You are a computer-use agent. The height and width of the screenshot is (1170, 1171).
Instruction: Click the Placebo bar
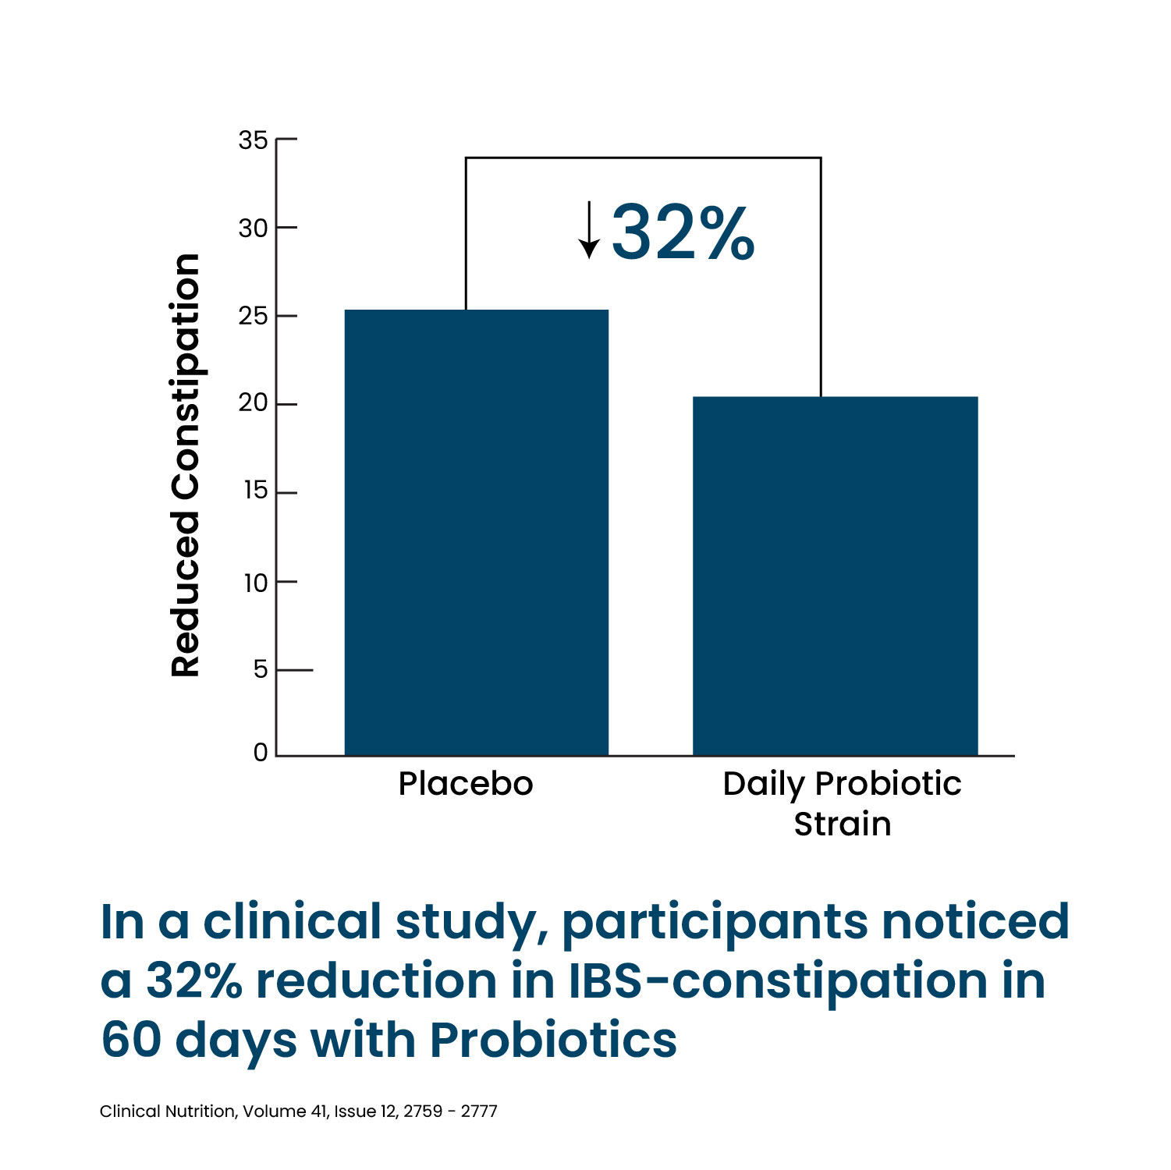click(x=476, y=533)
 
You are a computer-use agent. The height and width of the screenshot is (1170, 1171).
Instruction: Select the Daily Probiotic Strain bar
click(x=835, y=576)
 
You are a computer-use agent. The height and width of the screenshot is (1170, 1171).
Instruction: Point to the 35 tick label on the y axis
click(x=253, y=140)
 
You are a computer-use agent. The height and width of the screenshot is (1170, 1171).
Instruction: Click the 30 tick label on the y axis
click(x=253, y=229)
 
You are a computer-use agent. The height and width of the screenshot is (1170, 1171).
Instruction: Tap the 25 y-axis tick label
click(x=253, y=317)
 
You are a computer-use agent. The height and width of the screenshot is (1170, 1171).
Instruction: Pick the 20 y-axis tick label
click(x=253, y=403)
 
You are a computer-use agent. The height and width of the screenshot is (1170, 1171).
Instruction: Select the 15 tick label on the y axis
click(x=255, y=491)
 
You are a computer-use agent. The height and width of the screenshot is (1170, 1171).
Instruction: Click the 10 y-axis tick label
click(x=255, y=583)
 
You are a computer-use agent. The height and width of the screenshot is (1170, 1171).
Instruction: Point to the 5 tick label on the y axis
click(x=261, y=669)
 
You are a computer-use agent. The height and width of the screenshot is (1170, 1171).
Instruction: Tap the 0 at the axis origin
click(x=261, y=753)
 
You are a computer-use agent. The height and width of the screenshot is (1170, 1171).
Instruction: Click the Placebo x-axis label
click(x=466, y=784)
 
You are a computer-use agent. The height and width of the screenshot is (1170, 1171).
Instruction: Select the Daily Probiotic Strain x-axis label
click(x=842, y=803)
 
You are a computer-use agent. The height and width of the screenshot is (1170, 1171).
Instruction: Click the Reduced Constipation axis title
click(x=186, y=465)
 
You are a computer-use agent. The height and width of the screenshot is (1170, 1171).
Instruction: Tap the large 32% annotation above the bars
click(x=683, y=232)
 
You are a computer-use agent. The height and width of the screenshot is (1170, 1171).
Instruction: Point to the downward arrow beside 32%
click(x=589, y=229)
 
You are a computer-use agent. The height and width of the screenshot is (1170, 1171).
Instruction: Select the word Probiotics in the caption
click(x=553, y=1041)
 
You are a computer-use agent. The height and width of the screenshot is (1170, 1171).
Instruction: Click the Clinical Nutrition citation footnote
click(x=298, y=1111)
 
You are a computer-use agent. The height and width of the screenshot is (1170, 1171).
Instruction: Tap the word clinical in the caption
click(x=293, y=921)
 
